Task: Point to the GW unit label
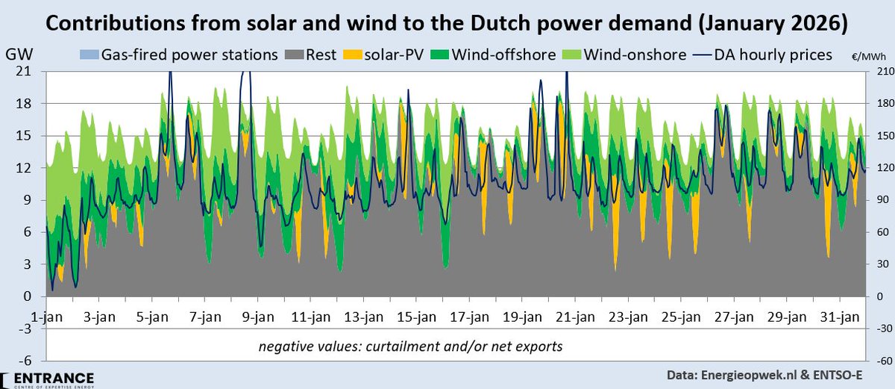(x=16, y=55)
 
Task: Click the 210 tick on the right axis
(x=879, y=72)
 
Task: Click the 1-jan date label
(x=45, y=317)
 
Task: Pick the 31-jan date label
(x=842, y=317)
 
